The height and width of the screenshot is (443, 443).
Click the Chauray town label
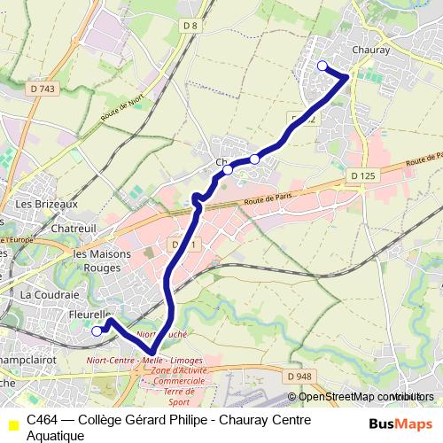point(370,51)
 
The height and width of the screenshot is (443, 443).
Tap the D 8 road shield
point(189,26)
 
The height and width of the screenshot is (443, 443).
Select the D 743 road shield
point(41,89)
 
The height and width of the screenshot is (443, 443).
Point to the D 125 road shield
point(362,176)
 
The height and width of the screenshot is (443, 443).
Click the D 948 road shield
point(300,376)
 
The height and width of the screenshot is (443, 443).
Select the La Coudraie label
point(50,293)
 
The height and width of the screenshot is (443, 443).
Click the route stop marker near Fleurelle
point(97,331)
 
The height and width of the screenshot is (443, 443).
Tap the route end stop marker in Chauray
point(323,66)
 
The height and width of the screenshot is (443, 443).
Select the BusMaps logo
point(395,424)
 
